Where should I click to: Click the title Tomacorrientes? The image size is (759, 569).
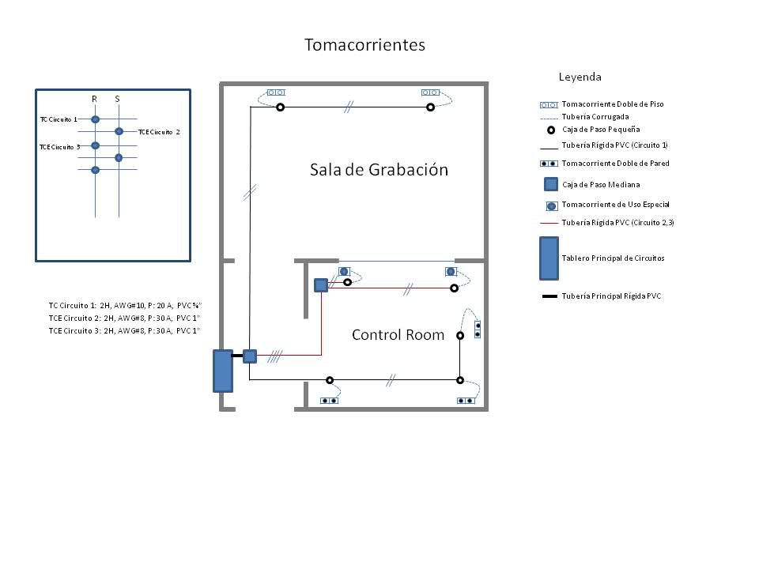tap(364, 45)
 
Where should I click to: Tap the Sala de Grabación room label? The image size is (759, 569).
tap(379, 170)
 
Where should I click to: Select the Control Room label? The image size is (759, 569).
tap(398, 335)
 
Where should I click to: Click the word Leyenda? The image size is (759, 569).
tap(580, 77)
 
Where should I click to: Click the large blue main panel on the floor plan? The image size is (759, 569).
tap(223, 371)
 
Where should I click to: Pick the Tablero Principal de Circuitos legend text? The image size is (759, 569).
tap(613, 258)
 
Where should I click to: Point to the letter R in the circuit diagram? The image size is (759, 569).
tap(94, 99)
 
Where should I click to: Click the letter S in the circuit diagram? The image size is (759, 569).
tap(118, 99)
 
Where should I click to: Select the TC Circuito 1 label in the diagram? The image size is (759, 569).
tap(59, 119)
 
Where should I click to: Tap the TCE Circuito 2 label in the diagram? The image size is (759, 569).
tap(159, 132)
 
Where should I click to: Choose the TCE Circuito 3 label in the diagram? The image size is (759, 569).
tap(60, 147)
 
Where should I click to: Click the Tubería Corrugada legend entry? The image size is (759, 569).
tap(595, 116)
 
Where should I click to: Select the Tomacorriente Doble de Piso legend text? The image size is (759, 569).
tap(612, 104)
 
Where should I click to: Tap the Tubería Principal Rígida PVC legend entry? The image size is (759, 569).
tap(611, 296)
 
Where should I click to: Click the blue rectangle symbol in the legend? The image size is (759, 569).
tap(549, 258)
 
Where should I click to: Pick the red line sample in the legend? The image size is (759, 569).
tap(549, 224)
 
